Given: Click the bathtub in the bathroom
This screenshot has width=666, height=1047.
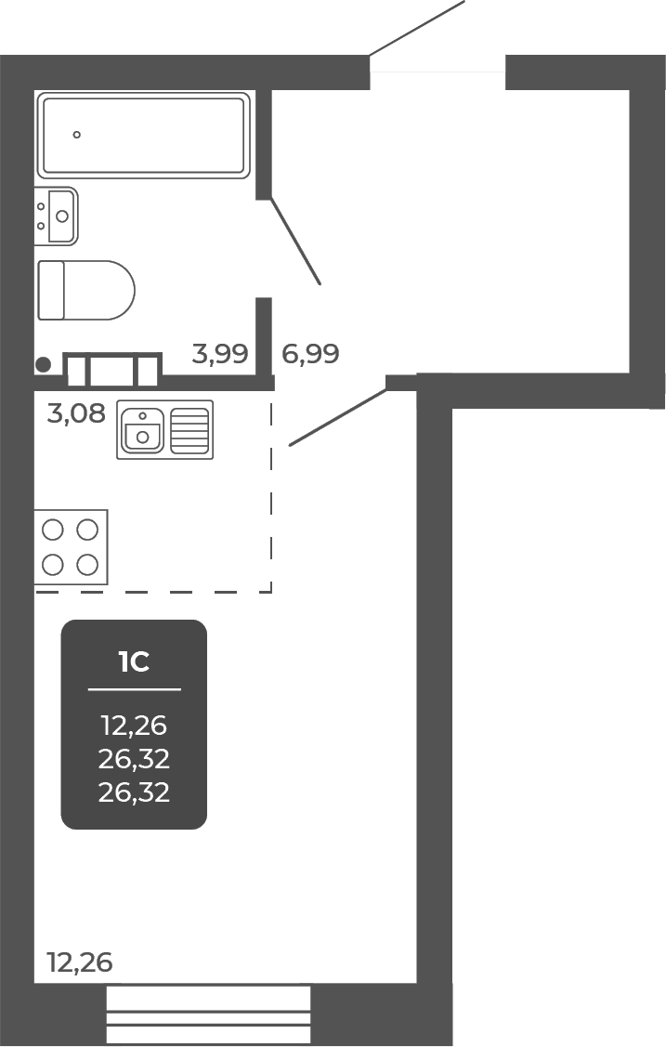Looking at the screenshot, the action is [x=143, y=136].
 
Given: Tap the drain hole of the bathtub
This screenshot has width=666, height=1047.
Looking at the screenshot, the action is [x=77, y=135].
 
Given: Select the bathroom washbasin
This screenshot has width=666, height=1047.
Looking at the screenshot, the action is [x=56, y=216].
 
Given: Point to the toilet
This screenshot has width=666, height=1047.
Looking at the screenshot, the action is [x=86, y=291].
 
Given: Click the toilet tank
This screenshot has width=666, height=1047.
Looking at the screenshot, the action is [x=51, y=291].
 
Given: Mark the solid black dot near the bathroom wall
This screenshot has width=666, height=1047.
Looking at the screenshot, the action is [x=43, y=364].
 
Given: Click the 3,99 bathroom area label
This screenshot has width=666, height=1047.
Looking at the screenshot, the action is [x=220, y=353].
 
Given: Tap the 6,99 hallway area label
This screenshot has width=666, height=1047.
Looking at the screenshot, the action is [x=310, y=353].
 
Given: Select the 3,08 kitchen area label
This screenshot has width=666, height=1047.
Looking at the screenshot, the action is [x=76, y=414].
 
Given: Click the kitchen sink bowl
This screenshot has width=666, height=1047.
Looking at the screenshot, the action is [x=142, y=430].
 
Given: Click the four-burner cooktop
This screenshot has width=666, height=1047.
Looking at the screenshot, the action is [x=71, y=547].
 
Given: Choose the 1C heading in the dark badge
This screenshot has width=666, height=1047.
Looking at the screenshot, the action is [x=134, y=661].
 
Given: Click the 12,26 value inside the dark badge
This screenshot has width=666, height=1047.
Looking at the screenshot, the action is [x=134, y=726].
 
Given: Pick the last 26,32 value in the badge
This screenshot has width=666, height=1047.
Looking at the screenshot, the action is [x=134, y=792].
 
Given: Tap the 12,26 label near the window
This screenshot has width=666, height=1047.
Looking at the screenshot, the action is [x=79, y=962].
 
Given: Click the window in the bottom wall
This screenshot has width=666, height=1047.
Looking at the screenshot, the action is [x=208, y=1014].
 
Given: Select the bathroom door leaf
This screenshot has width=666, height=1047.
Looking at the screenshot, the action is [x=295, y=242].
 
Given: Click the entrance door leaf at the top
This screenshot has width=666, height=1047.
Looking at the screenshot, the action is [x=416, y=28].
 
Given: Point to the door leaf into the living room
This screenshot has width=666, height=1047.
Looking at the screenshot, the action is [x=338, y=417].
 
